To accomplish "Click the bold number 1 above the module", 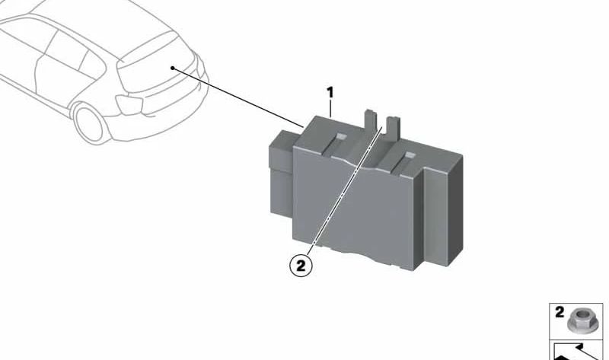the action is (x=330, y=93).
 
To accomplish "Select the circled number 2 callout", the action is (x=301, y=266).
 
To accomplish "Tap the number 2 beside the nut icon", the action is (x=560, y=312).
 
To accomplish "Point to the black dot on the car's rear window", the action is (x=173, y=68).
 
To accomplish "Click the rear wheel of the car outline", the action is (x=88, y=123).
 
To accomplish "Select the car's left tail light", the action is (x=129, y=104).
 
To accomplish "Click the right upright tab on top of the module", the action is (x=392, y=127).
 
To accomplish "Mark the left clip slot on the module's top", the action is (x=341, y=137).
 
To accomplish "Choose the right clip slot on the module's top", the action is (x=409, y=156).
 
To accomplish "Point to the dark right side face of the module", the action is (x=455, y=210).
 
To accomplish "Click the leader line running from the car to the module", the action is (x=238, y=97).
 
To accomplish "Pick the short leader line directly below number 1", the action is (x=330, y=108).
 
